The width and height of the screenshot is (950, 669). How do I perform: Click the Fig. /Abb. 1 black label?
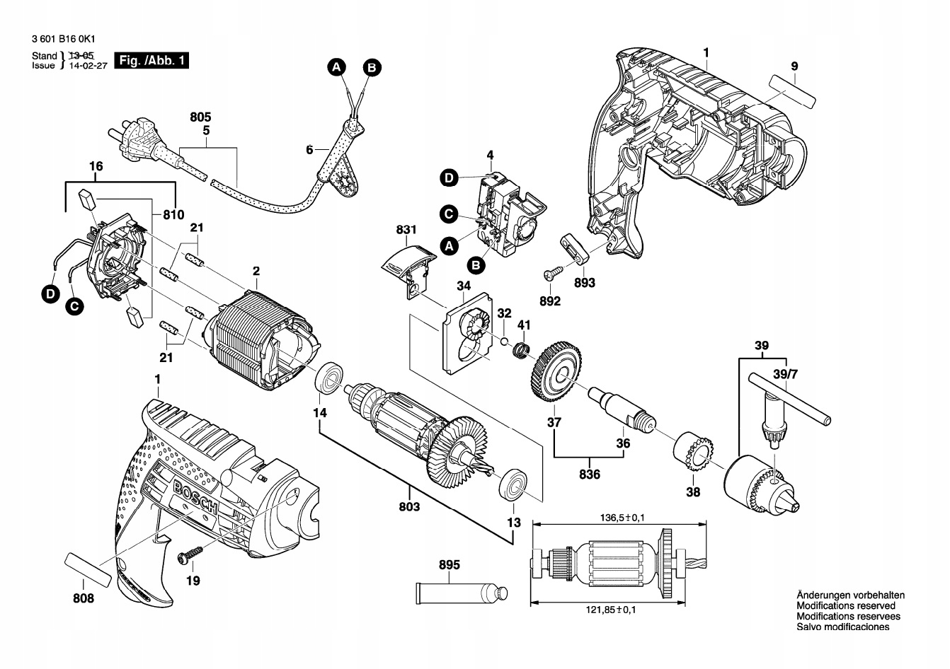[151, 61]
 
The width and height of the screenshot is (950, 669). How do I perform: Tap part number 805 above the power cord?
[200, 117]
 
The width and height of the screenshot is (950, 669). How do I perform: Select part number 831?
[406, 230]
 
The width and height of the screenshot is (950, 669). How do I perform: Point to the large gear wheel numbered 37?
[557, 371]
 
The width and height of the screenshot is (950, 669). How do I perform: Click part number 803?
[409, 506]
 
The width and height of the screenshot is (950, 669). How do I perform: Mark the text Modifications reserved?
[845, 606]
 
